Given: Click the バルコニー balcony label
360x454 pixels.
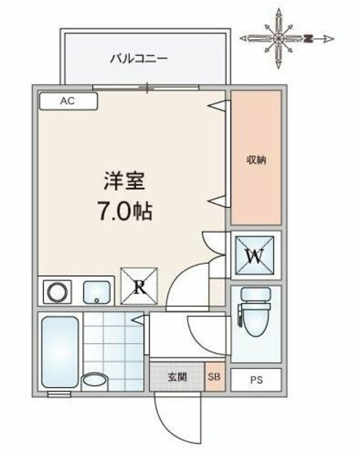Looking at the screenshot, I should [138, 58].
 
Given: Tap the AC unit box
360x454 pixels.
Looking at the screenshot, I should [67, 101].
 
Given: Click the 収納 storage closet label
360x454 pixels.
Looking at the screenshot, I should [256, 159].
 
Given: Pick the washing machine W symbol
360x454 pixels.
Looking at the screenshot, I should [255, 255].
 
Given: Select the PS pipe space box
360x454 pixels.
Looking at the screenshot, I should [255, 379].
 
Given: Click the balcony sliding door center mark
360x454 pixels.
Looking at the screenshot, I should [147, 88].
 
